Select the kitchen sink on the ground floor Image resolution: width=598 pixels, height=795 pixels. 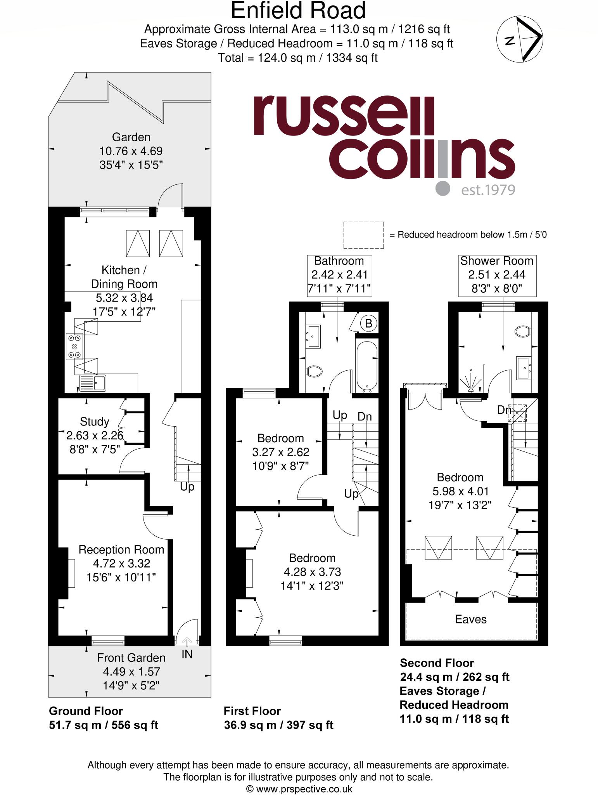click(x=93, y=383)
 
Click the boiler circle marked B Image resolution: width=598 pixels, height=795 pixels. click(x=369, y=323)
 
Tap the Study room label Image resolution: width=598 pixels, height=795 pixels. click(x=94, y=422)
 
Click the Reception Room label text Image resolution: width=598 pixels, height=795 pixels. click(x=121, y=550)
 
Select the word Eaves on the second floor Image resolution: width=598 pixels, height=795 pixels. click(x=470, y=619)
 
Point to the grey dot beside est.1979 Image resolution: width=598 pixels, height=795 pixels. click(x=443, y=188)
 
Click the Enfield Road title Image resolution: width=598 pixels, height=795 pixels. click(x=298, y=11)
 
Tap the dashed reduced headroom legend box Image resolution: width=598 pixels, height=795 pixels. click(x=363, y=235)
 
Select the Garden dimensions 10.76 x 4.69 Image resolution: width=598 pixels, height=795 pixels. click(x=131, y=151)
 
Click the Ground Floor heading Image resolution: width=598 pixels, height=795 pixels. click(x=86, y=711)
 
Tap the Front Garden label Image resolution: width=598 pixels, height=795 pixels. click(x=131, y=658)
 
